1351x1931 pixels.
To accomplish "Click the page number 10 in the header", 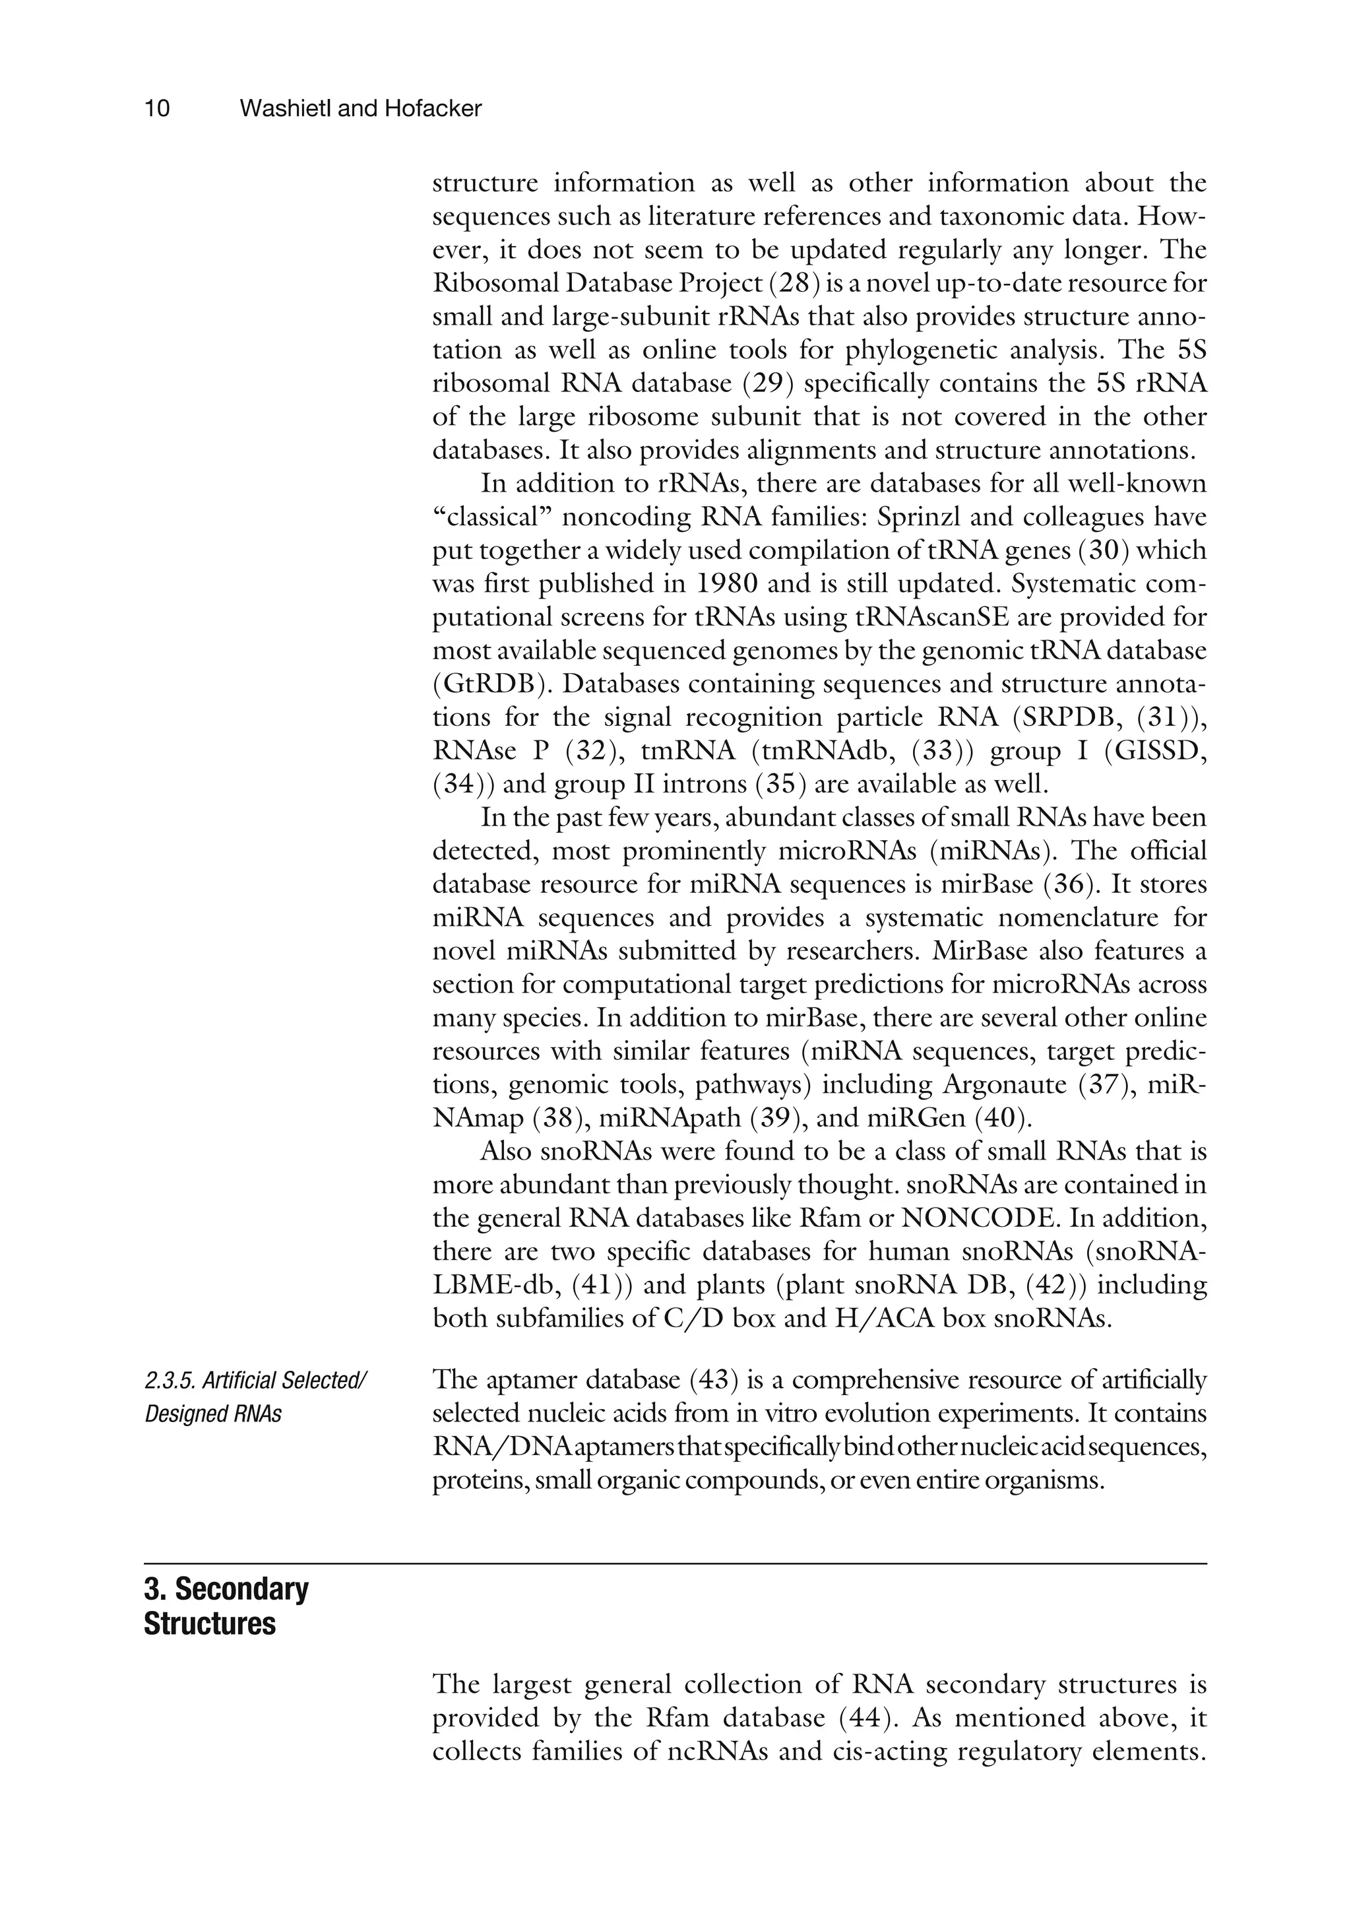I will (x=157, y=108).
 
